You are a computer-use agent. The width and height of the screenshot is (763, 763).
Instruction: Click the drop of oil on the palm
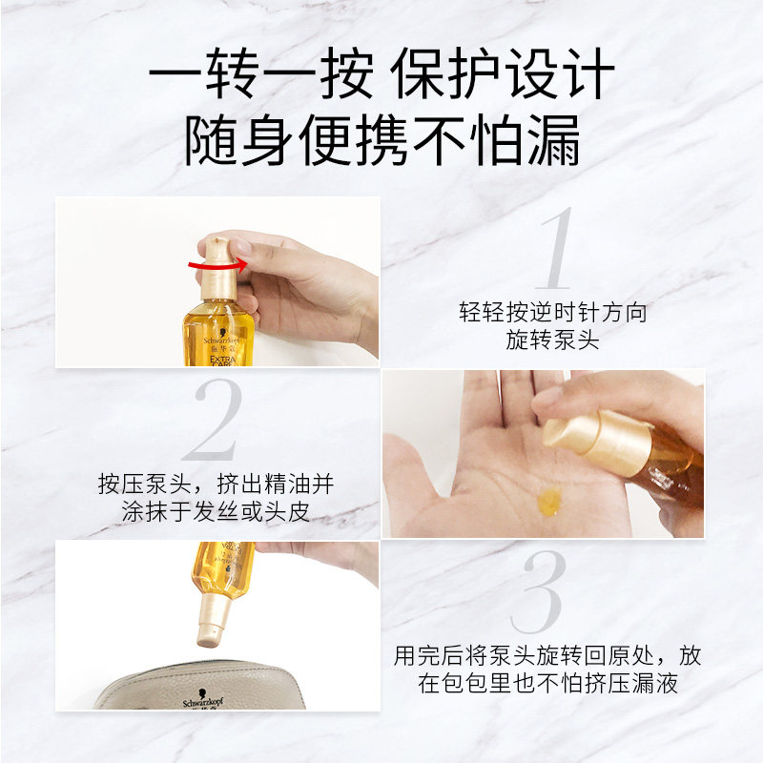(x=548, y=502)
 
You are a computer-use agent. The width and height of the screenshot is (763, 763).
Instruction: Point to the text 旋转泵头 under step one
(x=553, y=340)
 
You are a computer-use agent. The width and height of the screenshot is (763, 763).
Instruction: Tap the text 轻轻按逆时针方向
(x=553, y=313)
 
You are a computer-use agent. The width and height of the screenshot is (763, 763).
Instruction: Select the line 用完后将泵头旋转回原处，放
(x=548, y=656)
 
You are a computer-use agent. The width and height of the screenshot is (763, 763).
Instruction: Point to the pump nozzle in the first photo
(x=214, y=245)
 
